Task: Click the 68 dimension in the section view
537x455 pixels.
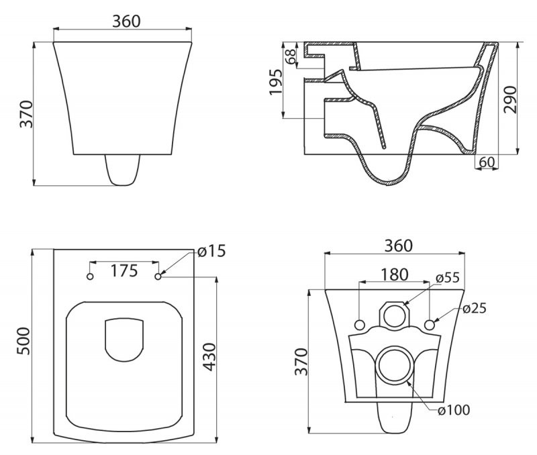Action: tap(290, 55)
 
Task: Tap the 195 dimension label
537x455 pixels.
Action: tap(276, 82)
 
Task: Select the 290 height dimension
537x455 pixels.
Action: tap(509, 99)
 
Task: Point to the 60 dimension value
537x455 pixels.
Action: tap(487, 162)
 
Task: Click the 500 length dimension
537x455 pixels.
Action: tap(23, 341)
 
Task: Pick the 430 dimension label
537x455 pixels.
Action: tap(209, 357)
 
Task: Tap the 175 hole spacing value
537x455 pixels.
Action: tap(124, 271)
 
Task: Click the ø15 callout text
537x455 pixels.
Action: tap(211, 251)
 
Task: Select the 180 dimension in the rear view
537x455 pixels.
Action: tap(395, 274)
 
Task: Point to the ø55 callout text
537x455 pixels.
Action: tap(448, 278)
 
